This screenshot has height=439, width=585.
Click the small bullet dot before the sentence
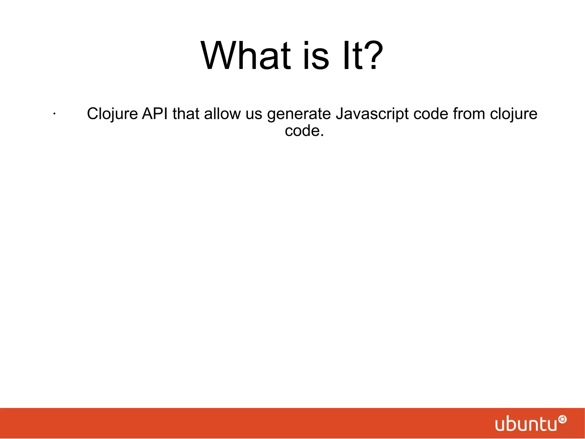tap(54, 114)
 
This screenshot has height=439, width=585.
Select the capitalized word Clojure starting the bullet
tap(112, 114)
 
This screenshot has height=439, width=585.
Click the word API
tap(155, 114)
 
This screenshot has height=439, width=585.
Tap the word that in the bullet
tap(186, 114)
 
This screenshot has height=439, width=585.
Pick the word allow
tap(223, 114)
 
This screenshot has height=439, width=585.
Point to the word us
tap(254, 114)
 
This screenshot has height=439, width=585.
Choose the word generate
tap(299, 114)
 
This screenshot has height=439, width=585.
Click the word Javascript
tap(372, 114)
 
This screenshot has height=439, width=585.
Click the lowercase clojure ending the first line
tap(514, 114)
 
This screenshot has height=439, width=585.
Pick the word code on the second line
tap(302, 131)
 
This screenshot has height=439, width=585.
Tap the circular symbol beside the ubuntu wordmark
tap(562, 420)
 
